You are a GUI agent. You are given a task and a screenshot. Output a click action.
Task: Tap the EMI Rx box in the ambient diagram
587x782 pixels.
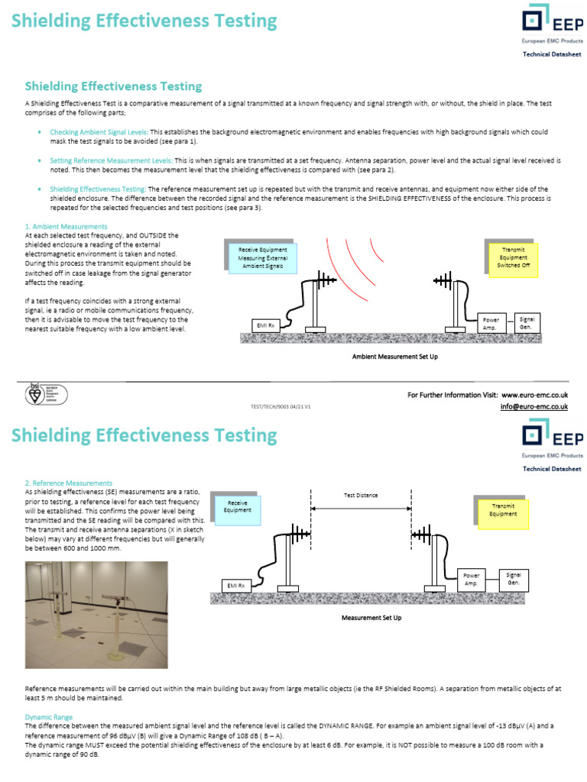coord(266,326)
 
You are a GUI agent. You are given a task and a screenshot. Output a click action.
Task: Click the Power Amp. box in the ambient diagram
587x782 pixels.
coord(491,324)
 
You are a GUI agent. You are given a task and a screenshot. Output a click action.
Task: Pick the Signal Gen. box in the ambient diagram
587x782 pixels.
coord(527,322)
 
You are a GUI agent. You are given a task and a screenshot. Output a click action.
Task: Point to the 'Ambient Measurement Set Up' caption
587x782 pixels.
coord(394,357)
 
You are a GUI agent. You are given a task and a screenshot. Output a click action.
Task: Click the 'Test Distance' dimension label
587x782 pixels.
coord(360,496)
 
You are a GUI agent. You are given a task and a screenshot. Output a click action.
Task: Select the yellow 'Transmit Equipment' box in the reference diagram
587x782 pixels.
coord(503,510)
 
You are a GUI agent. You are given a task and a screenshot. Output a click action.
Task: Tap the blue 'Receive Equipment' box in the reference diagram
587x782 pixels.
coord(237,506)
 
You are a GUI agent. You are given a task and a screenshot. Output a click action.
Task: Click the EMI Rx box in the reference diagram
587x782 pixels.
coord(235,586)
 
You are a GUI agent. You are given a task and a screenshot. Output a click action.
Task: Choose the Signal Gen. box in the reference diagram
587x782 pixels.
coord(514,578)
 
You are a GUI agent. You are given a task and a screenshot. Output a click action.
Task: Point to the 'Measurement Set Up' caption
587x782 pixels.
coord(371,617)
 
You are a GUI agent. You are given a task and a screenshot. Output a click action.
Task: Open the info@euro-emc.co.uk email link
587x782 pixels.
coord(533,407)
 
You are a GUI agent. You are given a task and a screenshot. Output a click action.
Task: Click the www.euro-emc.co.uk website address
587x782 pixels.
coord(534,395)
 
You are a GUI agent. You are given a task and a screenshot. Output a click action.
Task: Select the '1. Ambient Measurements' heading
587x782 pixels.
coord(66,227)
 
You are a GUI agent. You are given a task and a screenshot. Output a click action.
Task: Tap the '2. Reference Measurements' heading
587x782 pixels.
coord(69,483)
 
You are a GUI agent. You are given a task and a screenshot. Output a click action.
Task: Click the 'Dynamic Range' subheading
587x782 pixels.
coord(49,718)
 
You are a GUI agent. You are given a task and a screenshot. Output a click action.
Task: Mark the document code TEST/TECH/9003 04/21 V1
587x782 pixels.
coord(281,408)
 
